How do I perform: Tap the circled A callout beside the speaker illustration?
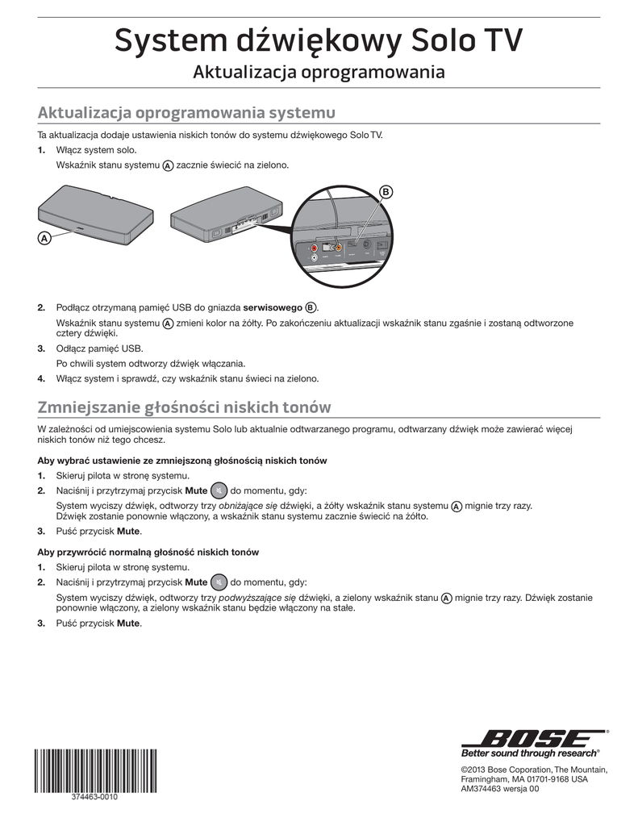pyautogui.click(x=44, y=238)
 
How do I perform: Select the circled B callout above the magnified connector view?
pyautogui.click(x=386, y=191)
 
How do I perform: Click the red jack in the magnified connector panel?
pyautogui.click(x=303, y=248)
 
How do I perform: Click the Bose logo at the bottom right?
pyautogui.click(x=533, y=738)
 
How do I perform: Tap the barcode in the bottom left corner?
pyautogui.click(x=95, y=771)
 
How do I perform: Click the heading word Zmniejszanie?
pyautogui.click(x=88, y=407)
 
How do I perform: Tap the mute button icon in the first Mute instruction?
pyautogui.click(x=219, y=490)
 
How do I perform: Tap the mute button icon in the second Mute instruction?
pyautogui.click(x=219, y=582)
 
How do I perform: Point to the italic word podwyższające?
pyautogui.click(x=252, y=598)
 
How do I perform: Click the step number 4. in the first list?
pyautogui.click(x=41, y=378)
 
